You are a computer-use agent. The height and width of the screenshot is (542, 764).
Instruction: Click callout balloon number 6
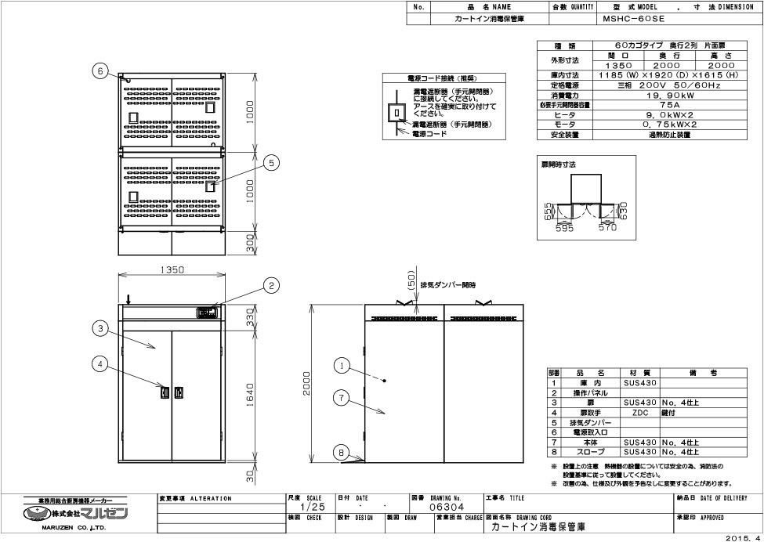coord(100,70)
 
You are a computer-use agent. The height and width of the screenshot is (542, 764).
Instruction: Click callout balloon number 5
coord(271,162)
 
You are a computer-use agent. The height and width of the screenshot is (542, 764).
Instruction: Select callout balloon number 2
coord(271,286)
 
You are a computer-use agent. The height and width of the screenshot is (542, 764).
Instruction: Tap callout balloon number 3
coord(100,329)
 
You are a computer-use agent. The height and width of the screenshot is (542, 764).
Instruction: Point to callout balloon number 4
coord(100,363)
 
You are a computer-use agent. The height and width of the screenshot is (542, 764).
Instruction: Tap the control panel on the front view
coord(206,312)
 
